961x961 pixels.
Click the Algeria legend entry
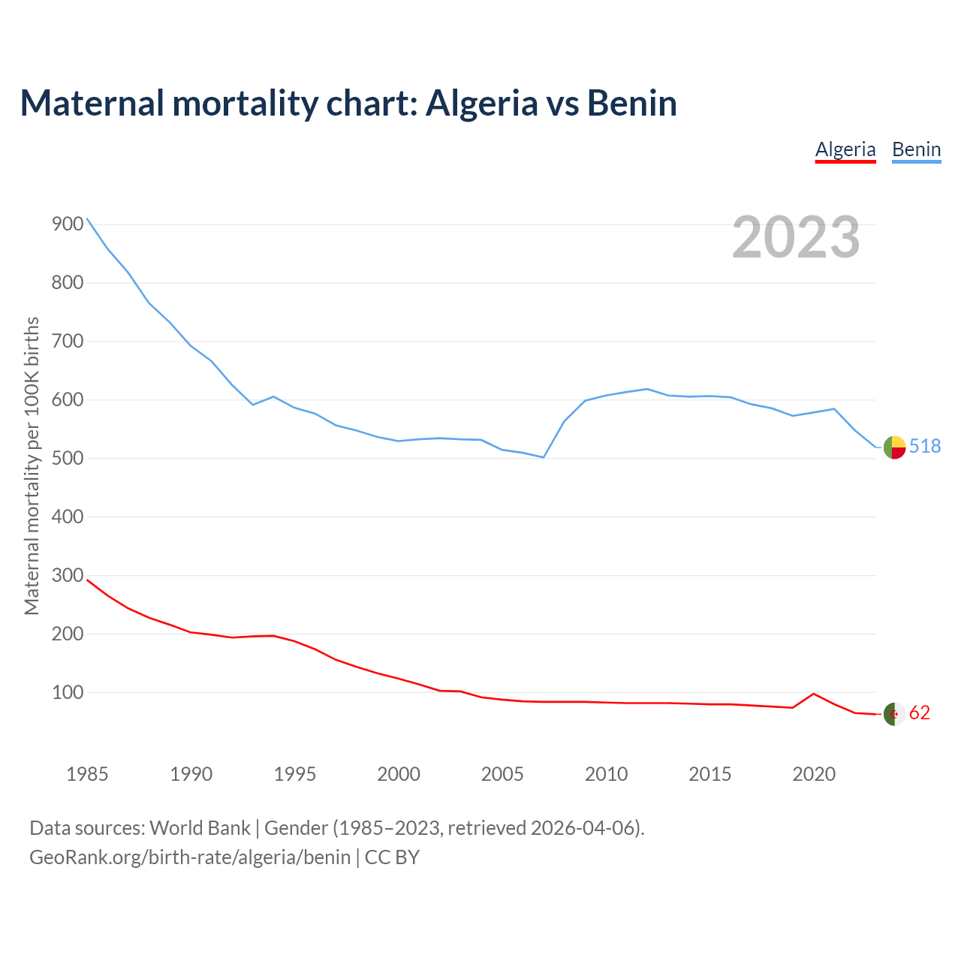(845, 149)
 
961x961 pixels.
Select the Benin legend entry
(916, 149)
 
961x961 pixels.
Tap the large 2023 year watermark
(796, 236)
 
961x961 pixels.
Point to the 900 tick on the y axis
(68, 224)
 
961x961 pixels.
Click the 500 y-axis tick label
(68, 459)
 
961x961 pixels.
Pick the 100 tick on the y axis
(68, 693)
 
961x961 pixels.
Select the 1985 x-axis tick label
(87, 774)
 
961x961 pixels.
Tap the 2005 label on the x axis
(502, 774)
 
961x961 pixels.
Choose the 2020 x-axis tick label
(814, 774)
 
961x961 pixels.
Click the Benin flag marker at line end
(894, 447)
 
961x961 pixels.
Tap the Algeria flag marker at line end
(894, 714)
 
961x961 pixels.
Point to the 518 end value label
(925, 447)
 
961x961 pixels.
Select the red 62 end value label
(920, 713)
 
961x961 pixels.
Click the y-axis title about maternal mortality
(32, 465)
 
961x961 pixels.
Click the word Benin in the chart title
(632, 103)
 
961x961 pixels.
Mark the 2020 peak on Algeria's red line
(814, 694)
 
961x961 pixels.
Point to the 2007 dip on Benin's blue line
(544, 457)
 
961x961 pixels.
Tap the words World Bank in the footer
(200, 828)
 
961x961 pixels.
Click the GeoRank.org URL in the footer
(190, 857)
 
